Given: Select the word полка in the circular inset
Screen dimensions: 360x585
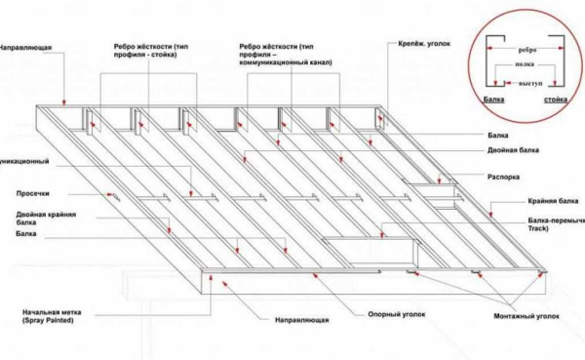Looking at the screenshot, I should [525, 67].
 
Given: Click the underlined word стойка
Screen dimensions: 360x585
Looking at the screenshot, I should [556, 100].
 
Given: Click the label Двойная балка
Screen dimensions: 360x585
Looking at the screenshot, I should [512, 151].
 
